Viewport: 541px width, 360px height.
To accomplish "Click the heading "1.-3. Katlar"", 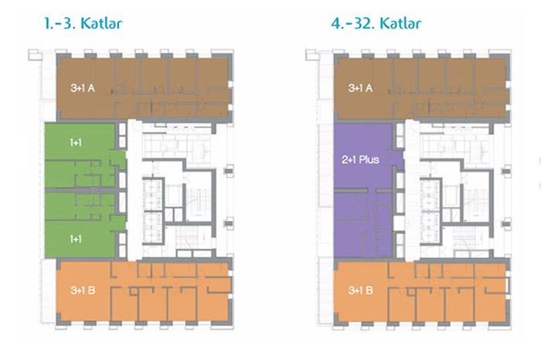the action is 83,23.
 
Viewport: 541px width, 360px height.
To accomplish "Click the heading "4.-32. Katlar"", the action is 376,23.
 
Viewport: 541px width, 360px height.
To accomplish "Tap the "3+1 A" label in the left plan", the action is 83,88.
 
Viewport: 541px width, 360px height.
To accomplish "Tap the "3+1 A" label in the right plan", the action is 361,88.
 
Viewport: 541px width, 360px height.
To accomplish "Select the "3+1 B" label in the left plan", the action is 83,290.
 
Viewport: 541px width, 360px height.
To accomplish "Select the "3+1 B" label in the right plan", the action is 361,290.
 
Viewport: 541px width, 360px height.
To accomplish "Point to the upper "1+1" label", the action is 76,142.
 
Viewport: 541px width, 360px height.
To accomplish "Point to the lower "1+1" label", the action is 76,239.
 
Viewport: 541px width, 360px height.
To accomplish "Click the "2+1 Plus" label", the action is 361,160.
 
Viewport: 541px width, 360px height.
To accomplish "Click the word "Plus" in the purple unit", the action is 369,160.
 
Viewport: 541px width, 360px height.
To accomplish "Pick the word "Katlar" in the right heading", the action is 400,23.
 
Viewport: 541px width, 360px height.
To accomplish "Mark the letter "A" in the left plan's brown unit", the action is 91,88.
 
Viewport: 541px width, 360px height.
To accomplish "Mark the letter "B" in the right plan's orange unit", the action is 369,290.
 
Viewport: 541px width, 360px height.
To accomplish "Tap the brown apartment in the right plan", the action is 422,88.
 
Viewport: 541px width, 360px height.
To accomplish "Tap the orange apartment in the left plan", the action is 144,292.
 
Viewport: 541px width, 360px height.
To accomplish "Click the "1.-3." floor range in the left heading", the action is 60,24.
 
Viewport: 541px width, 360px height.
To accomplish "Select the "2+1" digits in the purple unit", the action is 349,160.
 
